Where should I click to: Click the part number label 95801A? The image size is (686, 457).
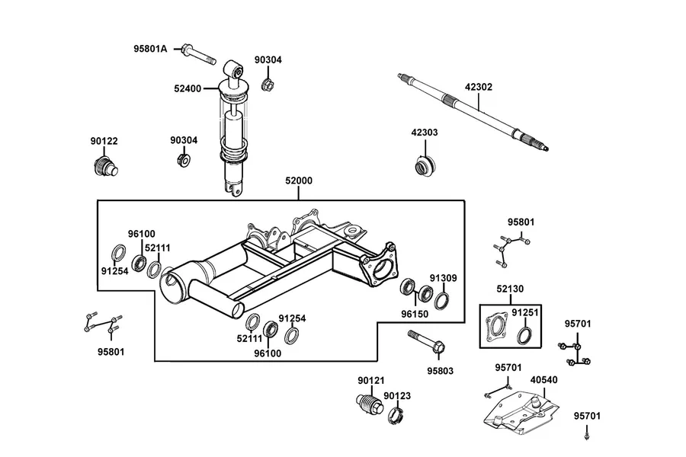coord(150,49)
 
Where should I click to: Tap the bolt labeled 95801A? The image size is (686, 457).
coord(198,54)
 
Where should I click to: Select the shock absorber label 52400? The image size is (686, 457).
coord(188,89)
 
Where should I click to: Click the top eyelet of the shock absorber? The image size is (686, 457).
coord(234,69)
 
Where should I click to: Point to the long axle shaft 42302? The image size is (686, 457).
coord(473,113)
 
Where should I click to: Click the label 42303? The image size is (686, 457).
coord(425,132)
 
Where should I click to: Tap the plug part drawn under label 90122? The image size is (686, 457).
coord(105,166)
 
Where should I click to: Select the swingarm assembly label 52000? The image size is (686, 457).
coord(299,181)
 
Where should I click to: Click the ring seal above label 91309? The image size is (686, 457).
coord(442,300)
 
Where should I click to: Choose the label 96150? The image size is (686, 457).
coord(415,314)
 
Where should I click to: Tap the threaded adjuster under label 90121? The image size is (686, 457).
coord(368,404)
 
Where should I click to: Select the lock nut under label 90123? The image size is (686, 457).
coord(395,414)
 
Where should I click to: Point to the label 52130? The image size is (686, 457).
coord(510,289)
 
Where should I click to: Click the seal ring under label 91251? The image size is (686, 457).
coord(524,335)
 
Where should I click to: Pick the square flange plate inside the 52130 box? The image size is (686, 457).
coord(498,328)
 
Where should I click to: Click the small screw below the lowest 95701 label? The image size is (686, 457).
coord(587,436)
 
